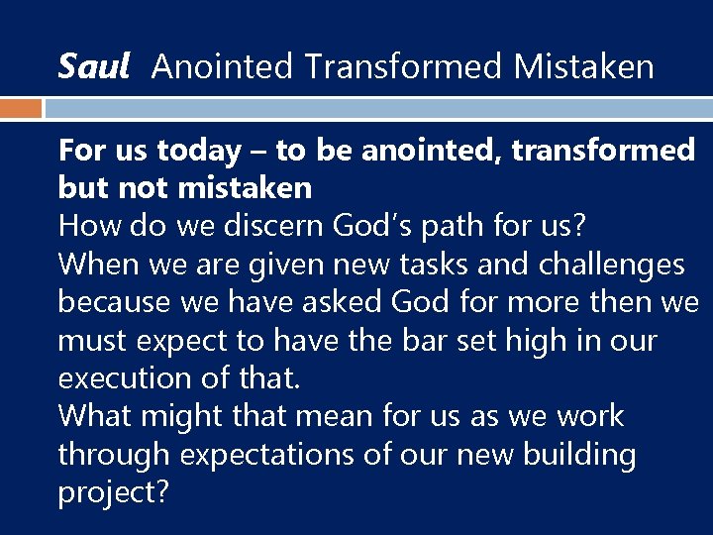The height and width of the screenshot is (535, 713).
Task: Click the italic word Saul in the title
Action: pos(94,66)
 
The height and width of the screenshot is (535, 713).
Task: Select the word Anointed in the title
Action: pos(223,66)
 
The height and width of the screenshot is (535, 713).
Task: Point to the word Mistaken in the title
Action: pos(584,66)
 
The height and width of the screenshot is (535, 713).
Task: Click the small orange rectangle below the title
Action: pos(21,108)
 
